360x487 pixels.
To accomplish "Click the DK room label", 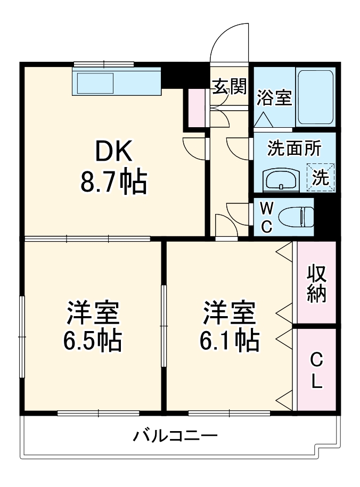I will pos(113,153).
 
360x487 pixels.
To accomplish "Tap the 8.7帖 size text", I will pos(113,183).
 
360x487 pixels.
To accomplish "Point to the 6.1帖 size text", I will pos(230,341).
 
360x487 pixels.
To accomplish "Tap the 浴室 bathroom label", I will pos(274,97).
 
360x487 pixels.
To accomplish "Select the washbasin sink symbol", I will pos(282,180).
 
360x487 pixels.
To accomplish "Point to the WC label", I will pos(266,217).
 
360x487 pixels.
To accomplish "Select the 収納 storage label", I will pos(316,282).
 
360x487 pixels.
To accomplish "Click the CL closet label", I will pos(316,370).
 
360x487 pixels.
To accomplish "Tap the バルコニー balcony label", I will pos(175,438).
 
